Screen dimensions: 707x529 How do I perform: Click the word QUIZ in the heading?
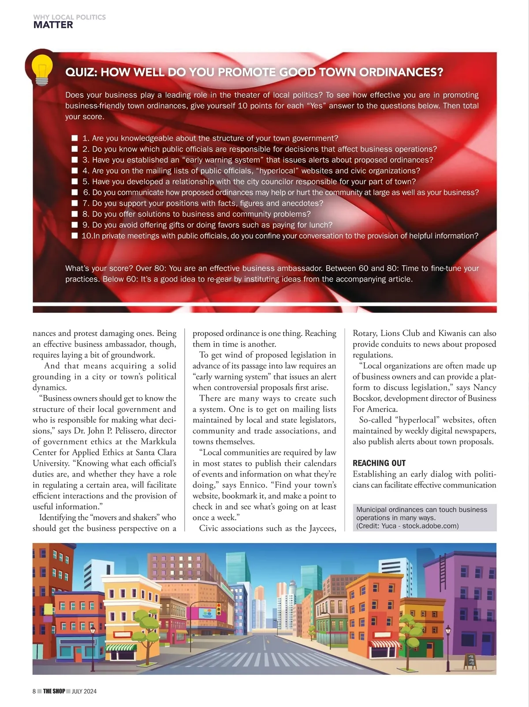pos(80,72)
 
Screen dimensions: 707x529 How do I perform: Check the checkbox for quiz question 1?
pos(75,138)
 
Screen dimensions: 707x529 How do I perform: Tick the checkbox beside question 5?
pos(75,182)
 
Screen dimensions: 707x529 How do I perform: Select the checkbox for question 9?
pos(75,225)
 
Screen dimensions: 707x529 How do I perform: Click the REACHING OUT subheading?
pos(379,463)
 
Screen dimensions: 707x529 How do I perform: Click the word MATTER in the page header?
pos(53,25)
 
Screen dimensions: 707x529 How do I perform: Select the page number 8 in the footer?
pos(34,691)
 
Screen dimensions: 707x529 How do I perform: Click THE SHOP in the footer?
pos(54,691)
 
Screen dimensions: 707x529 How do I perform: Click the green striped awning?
pos(122,647)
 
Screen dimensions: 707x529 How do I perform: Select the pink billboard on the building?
pos(206,613)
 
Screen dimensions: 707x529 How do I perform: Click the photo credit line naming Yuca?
pos(407,526)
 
